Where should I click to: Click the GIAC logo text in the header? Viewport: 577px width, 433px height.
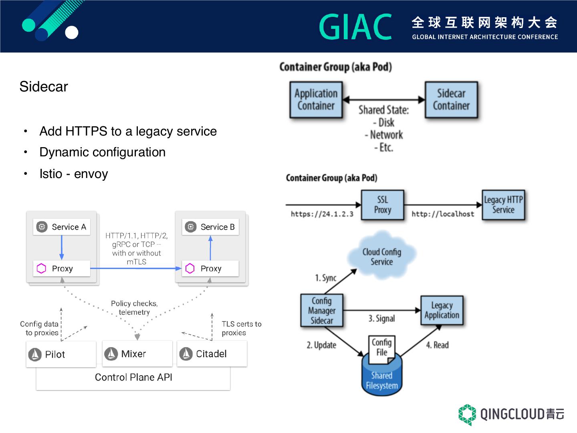tap(355, 27)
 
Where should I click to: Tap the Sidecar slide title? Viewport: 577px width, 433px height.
tap(44, 87)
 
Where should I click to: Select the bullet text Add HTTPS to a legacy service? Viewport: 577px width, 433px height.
tap(128, 131)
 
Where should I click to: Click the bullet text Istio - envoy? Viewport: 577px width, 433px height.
tap(74, 174)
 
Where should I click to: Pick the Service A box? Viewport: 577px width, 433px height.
tap(61, 227)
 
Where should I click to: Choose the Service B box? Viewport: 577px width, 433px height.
tap(210, 227)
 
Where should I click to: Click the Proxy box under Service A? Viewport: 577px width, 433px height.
tap(61, 269)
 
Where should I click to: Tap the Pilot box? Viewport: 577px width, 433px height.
tap(61, 354)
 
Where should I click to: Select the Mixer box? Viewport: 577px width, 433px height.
tap(137, 354)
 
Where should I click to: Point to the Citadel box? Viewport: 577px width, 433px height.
tap(212, 354)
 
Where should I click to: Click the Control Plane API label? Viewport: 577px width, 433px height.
tap(133, 377)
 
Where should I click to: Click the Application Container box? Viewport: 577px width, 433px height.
tap(316, 100)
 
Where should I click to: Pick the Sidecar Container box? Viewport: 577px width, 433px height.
tap(451, 100)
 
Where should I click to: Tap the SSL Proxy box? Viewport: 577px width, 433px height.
tap(382, 205)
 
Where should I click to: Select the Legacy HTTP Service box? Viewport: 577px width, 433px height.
tap(503, 205)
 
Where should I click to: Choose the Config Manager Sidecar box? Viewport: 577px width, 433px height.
tap(322, 310)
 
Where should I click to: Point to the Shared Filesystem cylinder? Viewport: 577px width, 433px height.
tap(381, 379)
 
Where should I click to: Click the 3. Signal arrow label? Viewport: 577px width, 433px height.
tap(381, 318)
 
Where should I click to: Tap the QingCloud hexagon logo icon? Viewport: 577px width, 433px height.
tap(467, 414)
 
